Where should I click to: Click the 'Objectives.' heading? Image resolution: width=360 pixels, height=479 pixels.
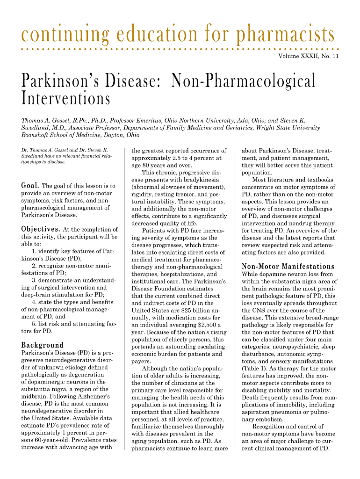pyautogui.click(x=41, y=229)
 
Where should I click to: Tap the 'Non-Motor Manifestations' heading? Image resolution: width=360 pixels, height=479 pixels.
pyautogui.click(x=288, y=266)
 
